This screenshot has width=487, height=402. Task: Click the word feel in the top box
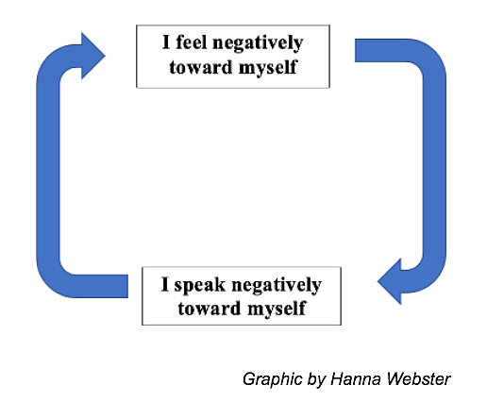coord(191,42)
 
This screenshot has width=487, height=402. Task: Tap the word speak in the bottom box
coord(200,284)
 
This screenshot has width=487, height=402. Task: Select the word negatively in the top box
coord(258,42)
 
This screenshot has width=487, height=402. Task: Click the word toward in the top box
coord(201,67)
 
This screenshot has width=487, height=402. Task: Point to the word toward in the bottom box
coord(210,308)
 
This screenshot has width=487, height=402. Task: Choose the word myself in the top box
coord(268,68)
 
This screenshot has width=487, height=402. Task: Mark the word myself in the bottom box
coord(277,309)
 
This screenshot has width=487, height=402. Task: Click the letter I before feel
coord(166,42)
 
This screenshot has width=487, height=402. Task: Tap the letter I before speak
coord(165,284)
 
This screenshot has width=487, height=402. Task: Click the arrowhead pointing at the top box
coord(93,56)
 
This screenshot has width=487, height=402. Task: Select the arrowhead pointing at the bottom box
coord(389,281)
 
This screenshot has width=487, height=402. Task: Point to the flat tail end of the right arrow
coord(356,50)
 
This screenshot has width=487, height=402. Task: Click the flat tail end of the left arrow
coord(127,286)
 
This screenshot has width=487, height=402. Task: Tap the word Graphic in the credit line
coord(273,379)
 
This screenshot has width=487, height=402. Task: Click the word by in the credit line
coord(316,379)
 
